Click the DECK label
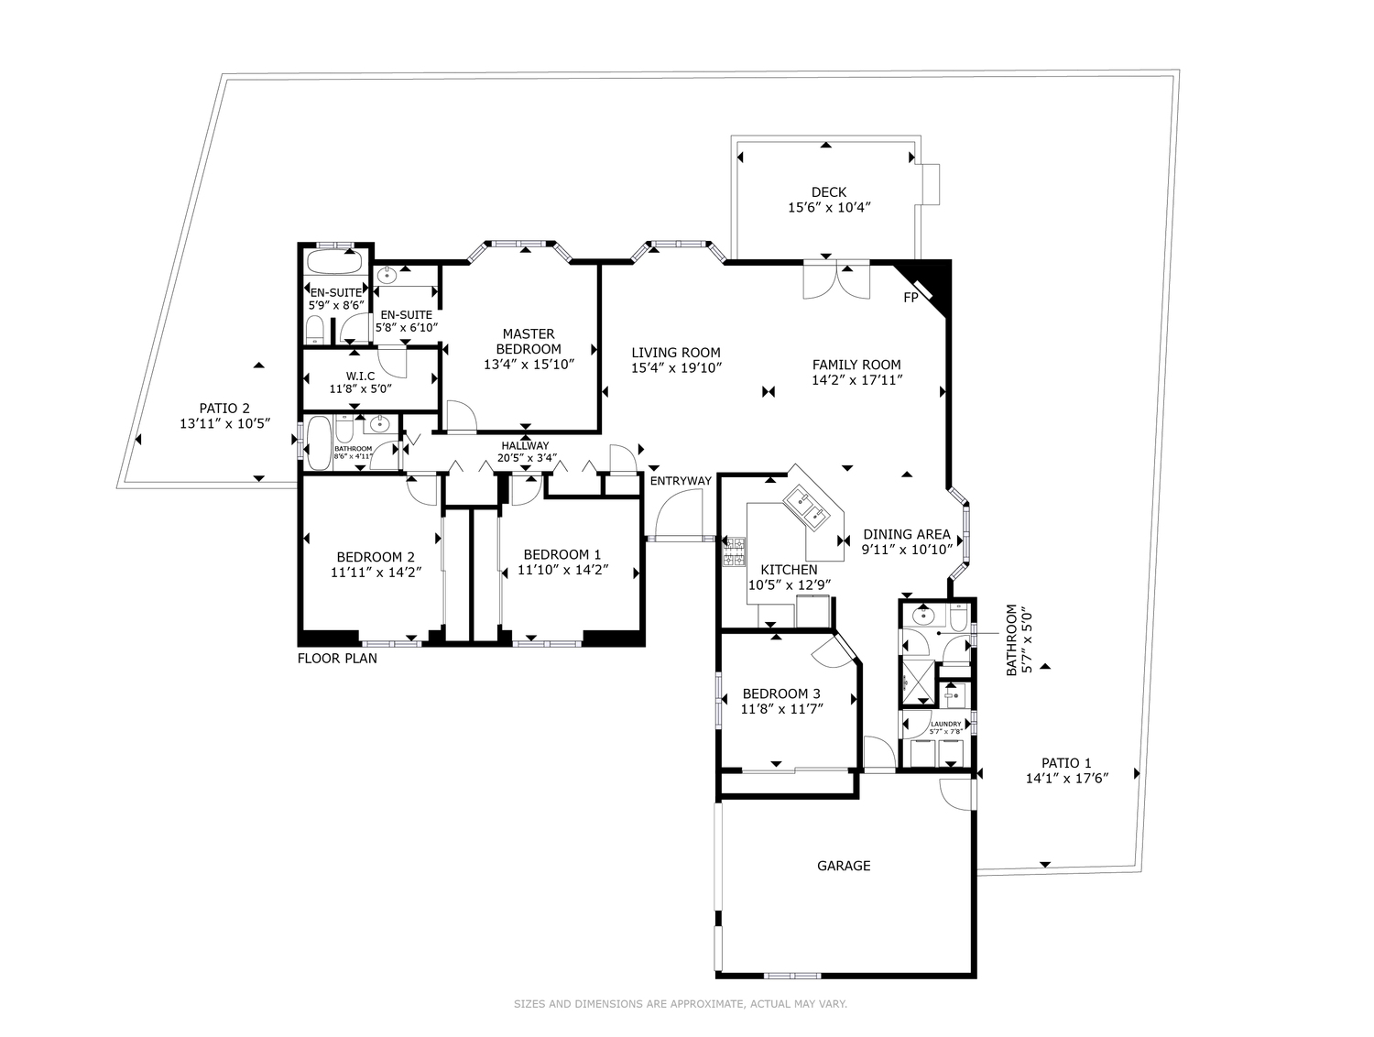(x=828, y=192)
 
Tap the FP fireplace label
(x=911, y=298)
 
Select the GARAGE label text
(x=844, y=866)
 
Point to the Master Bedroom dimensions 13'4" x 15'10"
(x=529, y=365)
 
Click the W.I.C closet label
(x=360, y=376)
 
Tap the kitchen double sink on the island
(x=807, y=507)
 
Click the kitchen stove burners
(x=734, y=551)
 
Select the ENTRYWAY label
(x=681, y=481)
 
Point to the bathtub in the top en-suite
(x=335, y=261)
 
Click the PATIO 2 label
(x=224, y=408)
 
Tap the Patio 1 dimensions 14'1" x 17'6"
(x=1066, y=778)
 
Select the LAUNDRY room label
(x=945, y=724)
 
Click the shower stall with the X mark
(x=917, y=681)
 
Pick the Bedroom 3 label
(x=781, y=693)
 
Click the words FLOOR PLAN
(x=337, y=658)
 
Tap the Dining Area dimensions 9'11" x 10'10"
(x=907, y=550)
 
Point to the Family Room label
(x=856, y=365)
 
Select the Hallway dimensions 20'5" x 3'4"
(x=527, y=457)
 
